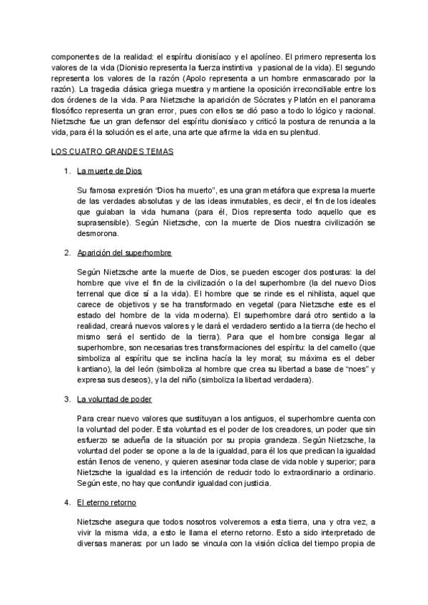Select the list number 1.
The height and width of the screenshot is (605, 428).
coord(66,172)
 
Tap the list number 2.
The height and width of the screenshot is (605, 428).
coord(66,253)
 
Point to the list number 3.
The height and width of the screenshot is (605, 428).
coord(66,399)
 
